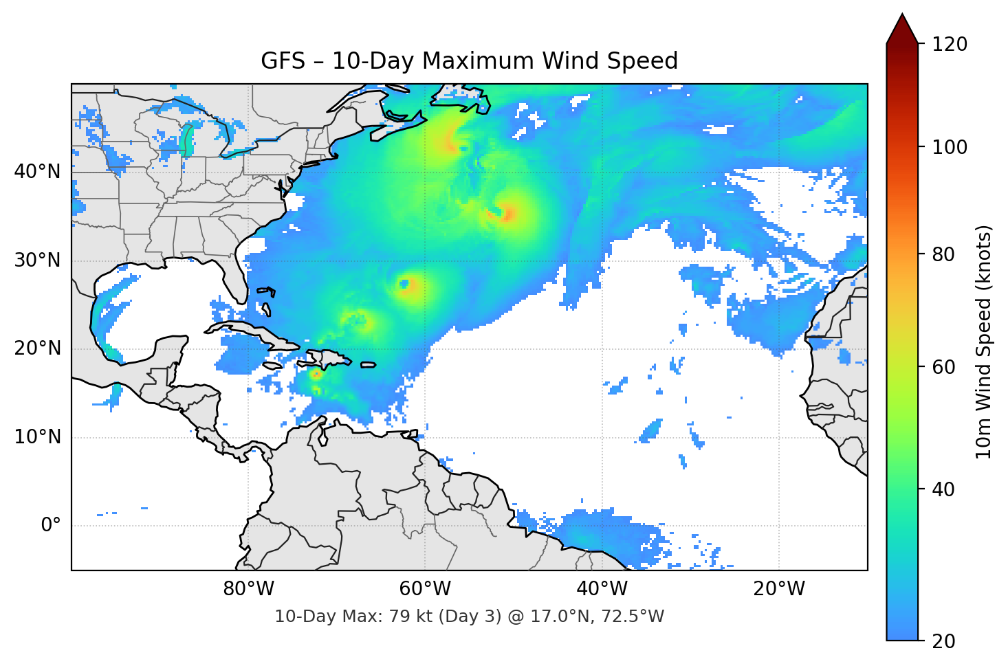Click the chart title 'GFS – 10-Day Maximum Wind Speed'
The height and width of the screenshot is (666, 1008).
coord(469,61)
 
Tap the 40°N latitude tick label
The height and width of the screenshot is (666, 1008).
coord(37,172)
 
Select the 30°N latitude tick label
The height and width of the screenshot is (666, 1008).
coord(37,260)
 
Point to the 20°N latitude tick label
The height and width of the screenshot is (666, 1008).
coord(37,348)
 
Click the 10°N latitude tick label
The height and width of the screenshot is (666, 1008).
coord(37,437)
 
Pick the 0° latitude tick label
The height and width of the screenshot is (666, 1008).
coord(51,526)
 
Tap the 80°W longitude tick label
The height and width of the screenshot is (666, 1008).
coord(248,589)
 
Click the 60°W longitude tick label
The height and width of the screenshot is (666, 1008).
coord(425,589)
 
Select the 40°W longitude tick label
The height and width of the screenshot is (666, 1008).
coord(602,589)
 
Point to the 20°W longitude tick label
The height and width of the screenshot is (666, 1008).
coord(778,589)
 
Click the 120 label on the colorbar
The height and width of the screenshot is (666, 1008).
coord(950,45)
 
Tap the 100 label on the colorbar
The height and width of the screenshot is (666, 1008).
coord(950,147)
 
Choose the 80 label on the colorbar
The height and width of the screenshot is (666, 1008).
coord(941,254)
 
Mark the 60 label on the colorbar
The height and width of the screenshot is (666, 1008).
coord(941,367)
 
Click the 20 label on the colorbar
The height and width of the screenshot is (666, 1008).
coord(941,641)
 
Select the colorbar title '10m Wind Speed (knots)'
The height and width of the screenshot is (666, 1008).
coord(984,342)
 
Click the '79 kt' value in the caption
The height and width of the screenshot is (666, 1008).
coord(410,617)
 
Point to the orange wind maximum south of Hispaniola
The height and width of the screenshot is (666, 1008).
coord(316,375)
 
